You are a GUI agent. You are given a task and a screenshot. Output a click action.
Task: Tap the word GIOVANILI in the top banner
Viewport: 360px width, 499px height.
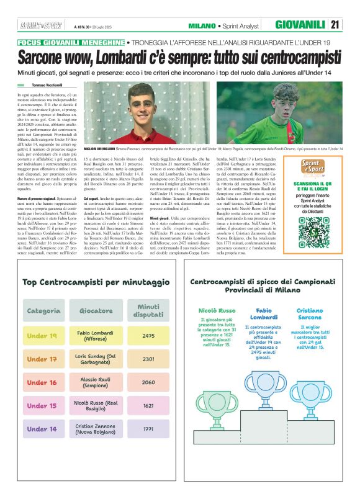[300, 25]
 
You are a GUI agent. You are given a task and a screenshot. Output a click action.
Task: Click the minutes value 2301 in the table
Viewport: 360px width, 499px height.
[148, 359]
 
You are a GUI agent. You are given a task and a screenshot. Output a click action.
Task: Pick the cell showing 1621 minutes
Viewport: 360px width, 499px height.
[148, 405]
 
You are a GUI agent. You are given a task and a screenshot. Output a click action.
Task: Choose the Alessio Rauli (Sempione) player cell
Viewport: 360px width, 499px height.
[95, 382]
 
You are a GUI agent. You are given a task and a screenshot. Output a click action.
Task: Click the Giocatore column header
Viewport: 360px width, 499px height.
[96, 310]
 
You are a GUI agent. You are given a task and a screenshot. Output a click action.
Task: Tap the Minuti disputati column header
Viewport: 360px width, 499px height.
[148, 310]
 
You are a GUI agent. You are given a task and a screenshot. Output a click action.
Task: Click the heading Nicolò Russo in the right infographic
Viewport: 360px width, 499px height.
[217, 309]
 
